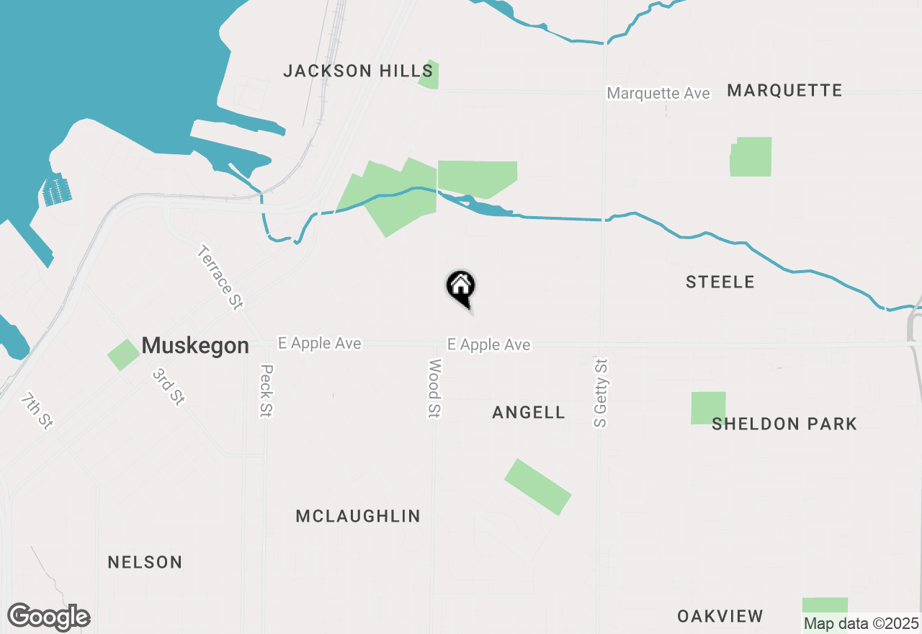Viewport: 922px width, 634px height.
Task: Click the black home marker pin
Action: [461, 287]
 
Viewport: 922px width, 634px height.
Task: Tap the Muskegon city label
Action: [195, 346]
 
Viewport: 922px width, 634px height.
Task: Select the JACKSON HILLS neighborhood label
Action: [358, 71]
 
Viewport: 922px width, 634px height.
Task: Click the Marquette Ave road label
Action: [658, 94]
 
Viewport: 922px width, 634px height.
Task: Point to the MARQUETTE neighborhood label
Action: [784, 91]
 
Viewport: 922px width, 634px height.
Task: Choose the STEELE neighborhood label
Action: [720, 282]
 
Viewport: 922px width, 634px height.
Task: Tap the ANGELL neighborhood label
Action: [529, 412]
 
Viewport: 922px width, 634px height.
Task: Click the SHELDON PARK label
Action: [784, 424]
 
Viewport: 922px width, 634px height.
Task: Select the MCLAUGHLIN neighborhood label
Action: [358, 516]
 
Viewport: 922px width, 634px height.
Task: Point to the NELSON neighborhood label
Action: [145, 562]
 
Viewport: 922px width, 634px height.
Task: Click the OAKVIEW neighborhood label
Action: [720, 616]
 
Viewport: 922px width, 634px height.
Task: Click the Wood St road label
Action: [434, 388]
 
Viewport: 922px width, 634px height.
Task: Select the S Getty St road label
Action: [601, 393]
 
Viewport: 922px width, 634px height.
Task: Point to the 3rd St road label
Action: [167, 387]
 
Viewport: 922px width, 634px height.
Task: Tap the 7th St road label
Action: [36, 411]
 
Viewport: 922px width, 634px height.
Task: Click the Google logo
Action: [48, 617]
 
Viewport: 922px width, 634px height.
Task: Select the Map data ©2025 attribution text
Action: [861, 623]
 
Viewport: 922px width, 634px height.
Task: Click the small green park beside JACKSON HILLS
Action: [429, 75]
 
